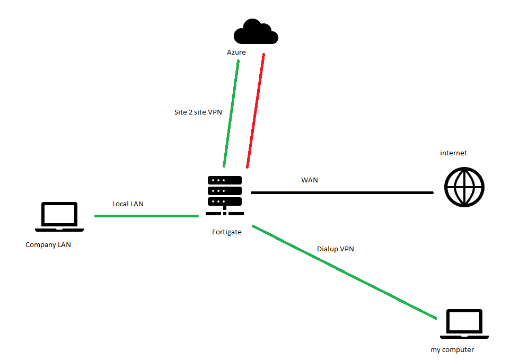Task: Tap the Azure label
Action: pos(236,52)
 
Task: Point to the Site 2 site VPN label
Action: pos(198,112)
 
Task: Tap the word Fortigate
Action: pos(227,232)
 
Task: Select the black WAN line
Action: pos(342,192)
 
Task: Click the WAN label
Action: pos(310,180)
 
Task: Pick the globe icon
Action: pos(464,187)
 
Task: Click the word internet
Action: pos(454,153)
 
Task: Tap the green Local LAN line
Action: pos(146,216)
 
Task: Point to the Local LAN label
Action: pos(128,204)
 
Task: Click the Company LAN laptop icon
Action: pos(59,217)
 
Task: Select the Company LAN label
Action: pos(48,245)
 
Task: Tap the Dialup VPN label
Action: pos(336,248)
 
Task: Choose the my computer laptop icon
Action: pos(464,324)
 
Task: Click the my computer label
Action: pos(452,349)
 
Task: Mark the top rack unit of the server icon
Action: pos(225,180)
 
